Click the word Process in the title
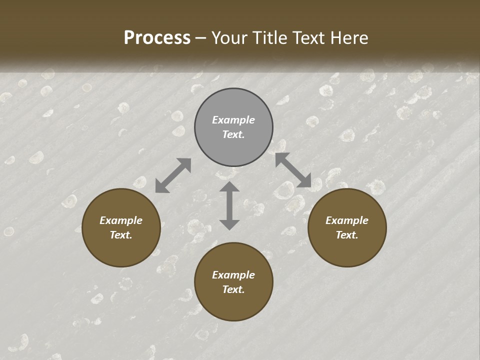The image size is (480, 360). pos(157,37)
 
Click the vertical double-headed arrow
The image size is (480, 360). pos(229,205)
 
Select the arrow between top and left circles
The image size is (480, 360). pos(173,175)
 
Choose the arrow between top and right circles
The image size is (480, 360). pos(293,170)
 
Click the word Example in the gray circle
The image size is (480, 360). pos(233,120)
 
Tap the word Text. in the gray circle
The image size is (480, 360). pos(233,134)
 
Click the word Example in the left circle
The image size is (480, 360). pos(121,220)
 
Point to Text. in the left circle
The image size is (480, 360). pos(121,235)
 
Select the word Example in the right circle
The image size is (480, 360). pos(347,220)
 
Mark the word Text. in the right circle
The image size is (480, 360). pos(347,235)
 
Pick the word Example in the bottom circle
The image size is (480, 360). pos(233,275)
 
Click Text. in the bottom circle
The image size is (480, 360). pos(233,289)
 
